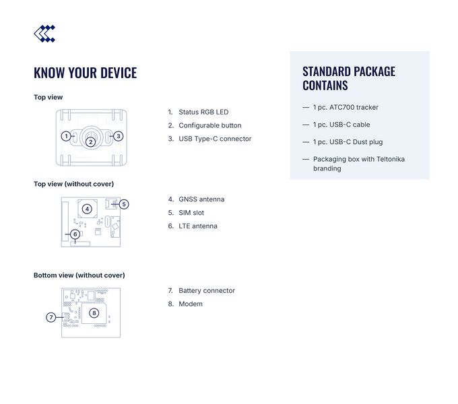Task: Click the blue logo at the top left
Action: (x=44, y=34)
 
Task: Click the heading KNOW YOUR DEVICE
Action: (x=85, y=73)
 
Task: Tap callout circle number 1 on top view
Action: (x=65, y=136)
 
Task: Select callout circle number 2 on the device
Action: (x=90, y=141)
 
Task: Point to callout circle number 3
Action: (x=118, y=136)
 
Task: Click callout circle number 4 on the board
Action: (x=87, y=209)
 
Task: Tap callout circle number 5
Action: (x=124, y=204)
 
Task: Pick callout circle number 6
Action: (x=75, y=234)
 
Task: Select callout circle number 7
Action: (x=51, y=317)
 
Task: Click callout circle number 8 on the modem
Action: (x=94, y=312)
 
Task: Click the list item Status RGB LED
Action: (x=203, y=112)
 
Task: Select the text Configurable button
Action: (x=209, y=125)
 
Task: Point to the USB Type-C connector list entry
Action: (x=215, y=139)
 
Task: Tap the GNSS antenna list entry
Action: (x=201, y=199)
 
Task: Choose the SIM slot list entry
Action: (x=191, y=213)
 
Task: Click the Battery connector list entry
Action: (x=207, y=291)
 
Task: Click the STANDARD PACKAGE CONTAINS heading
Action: (x=349, y=78)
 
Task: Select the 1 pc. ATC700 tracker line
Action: (x=346, y=107)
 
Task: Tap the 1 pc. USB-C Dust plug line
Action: (x=348, y=142)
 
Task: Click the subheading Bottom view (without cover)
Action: (x=79, y=275)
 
